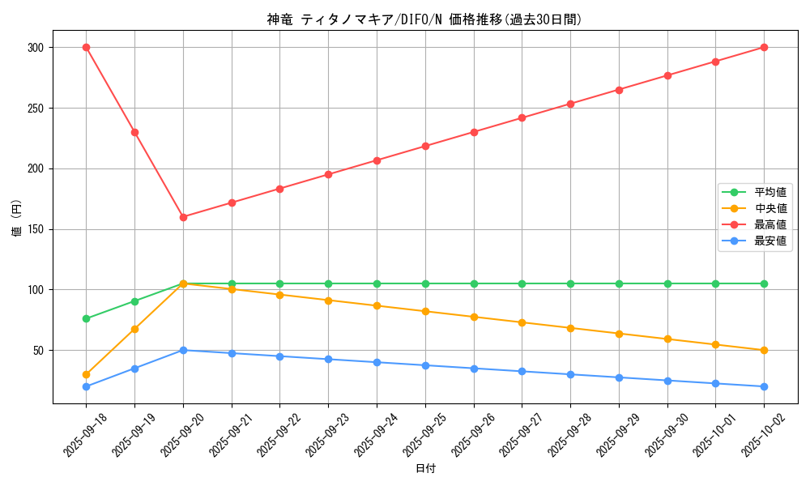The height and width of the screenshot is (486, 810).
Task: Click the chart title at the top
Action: [x=424, y=19]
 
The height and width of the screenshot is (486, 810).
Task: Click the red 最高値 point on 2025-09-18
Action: [x=86, y=47]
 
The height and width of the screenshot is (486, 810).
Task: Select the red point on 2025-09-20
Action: [x=183, y=217]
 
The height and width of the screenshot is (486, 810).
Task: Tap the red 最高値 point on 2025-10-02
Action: [x=764, y=47]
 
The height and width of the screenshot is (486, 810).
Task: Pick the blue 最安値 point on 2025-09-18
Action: [x=86, y=386]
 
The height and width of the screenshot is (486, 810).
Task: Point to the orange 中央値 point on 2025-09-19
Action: [x=134, y=329]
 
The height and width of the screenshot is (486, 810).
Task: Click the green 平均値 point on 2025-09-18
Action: [x=86, y=318]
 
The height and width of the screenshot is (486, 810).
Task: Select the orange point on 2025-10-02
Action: [x=764, y=350]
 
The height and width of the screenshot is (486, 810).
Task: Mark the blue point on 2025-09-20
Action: [x=183, y=350]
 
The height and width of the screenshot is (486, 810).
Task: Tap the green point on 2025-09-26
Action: [x=474, y=283]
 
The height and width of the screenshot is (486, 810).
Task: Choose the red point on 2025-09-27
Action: [x=522, y=117]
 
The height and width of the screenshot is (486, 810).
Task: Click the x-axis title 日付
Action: [x=424, y=469]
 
